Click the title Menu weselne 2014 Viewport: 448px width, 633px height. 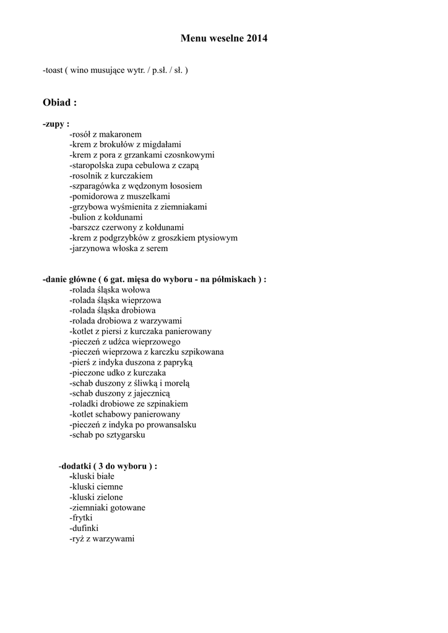pos(224,39)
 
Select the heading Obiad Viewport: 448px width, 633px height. pos(59,102)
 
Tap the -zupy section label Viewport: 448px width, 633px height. pos(56,124)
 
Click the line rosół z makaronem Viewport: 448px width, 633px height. pos(106,134)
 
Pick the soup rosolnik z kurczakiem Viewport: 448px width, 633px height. pos(111,176)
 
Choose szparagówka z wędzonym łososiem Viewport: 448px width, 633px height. pos(136,186)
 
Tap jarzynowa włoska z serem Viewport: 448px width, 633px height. pos(118,249)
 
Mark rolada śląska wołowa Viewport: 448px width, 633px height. pos(110,290)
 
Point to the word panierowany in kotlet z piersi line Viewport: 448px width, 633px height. pos(189,331)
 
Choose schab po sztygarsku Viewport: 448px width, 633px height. pos(107,435)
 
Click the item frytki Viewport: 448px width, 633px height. pos(81,518)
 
